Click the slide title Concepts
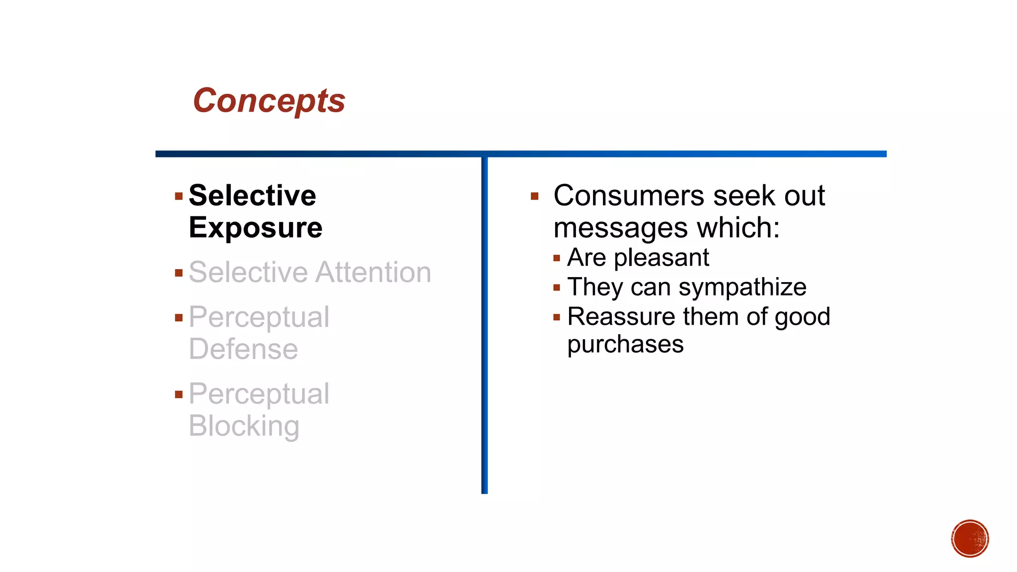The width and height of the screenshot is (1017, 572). point(269,101)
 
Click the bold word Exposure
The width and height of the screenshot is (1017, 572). point(256,228)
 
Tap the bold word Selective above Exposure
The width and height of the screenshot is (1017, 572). point(252,195)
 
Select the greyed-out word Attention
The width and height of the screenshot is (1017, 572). point(373,273)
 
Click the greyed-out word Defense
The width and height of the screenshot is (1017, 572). point(243,349)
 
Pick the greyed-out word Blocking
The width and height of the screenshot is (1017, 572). point(244,426)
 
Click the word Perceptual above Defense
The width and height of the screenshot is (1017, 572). point(259,317)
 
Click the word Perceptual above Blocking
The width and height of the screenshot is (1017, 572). point(259,394)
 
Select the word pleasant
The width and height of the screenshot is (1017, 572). point(661,258)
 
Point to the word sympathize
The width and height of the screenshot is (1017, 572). point(742,287)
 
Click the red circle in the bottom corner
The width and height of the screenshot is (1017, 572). point(970,539)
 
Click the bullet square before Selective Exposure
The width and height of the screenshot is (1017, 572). point(179,197)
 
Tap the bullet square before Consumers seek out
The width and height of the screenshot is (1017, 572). point(534,197)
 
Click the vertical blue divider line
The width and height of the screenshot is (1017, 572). point(485,323)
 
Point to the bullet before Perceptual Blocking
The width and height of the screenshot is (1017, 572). point(179,395)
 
